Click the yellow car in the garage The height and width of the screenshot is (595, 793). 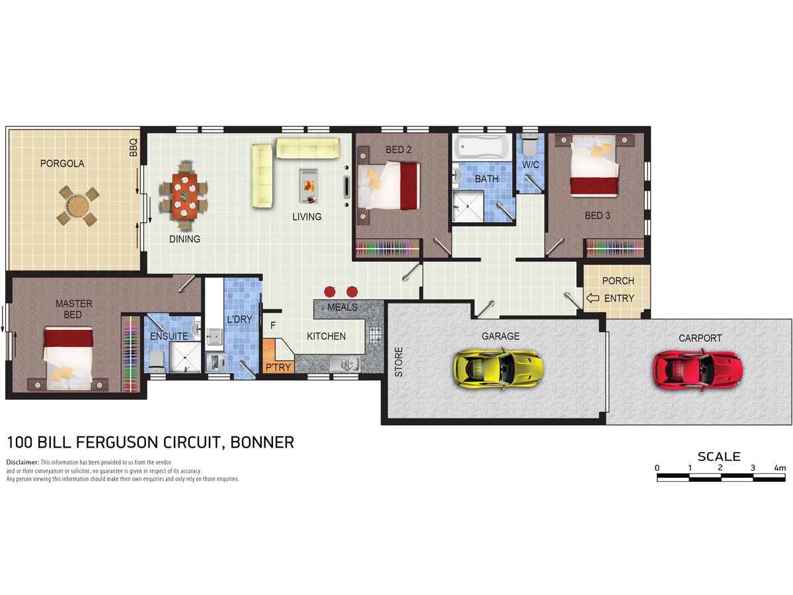(x=498, y=368)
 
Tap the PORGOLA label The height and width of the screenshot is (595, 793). (x=62, y=164)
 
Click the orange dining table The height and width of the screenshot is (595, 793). (x=184, y=196)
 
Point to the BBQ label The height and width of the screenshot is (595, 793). (x=133, y=147)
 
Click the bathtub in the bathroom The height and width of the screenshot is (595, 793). (x=482, y=147)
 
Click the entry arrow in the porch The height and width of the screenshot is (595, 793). (x=593, y=298)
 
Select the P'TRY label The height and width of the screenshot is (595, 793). (x=278, y=368)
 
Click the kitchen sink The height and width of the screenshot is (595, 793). (x=345, y=364)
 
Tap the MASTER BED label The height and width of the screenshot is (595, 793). (x=74, y=309)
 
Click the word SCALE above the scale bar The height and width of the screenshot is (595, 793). (x=719, y=457)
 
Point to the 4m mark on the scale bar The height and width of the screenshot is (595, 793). (x=780, y=468)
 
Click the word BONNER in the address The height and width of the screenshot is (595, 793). (x=262, y=442)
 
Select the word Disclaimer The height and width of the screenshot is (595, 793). (x=22, y=462)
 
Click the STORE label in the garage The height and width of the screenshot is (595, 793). (x=398, y=362)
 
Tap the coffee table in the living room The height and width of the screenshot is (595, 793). (x=309, y=186)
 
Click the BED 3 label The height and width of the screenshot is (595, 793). (x=597, y=216)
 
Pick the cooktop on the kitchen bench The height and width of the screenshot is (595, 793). (x=376, y=335)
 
